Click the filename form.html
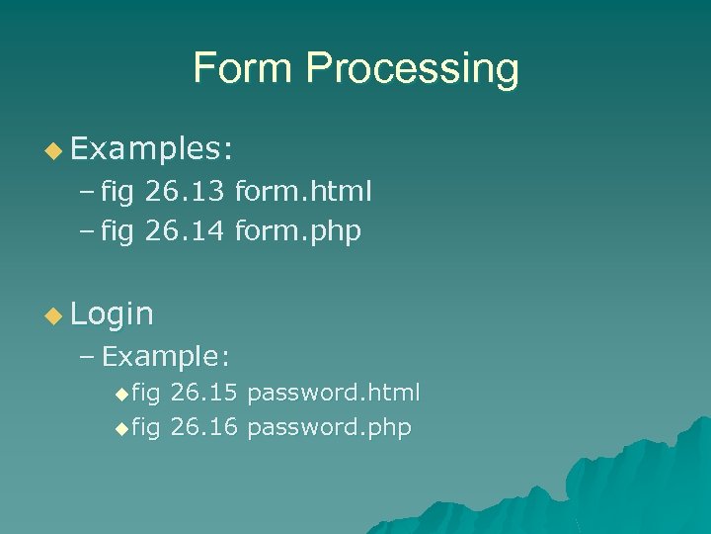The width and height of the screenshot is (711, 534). (x=303, y=191)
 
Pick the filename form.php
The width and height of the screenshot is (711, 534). (x=298, y=232)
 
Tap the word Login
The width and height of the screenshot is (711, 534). (x=113, y=314)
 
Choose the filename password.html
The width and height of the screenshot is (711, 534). (x=334, y=393)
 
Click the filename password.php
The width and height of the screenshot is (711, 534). (x=329, y=427)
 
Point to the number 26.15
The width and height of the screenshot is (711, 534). (x=203, y=393)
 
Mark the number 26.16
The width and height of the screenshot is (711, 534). (x=203, y=427)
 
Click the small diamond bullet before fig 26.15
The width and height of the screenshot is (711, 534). (x=121, y=394)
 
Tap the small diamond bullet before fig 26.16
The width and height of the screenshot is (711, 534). (x=121, y=428)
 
